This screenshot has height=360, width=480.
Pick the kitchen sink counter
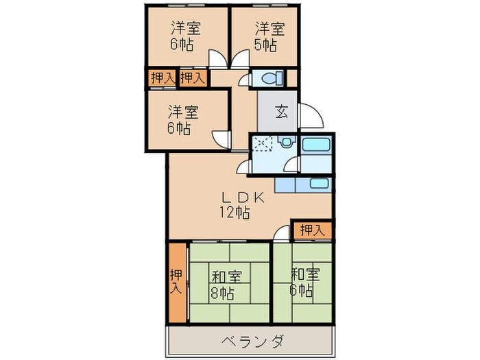pyautogui.click(x=303, y=183)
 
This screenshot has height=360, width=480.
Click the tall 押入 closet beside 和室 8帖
pyautogui.click(x=177, y=282)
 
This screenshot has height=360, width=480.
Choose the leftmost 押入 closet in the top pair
pyautogui.click(x=161, y=78)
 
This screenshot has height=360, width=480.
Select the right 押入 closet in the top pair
pyautogui.click(x=192, y=78)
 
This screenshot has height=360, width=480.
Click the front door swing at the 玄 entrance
pyautogui.click(x=308, y=117)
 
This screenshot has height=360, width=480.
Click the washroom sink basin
pyautogui.click(x=287, y=143)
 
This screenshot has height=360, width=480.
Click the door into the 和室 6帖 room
pyautogui.click(x=280, y=234)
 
